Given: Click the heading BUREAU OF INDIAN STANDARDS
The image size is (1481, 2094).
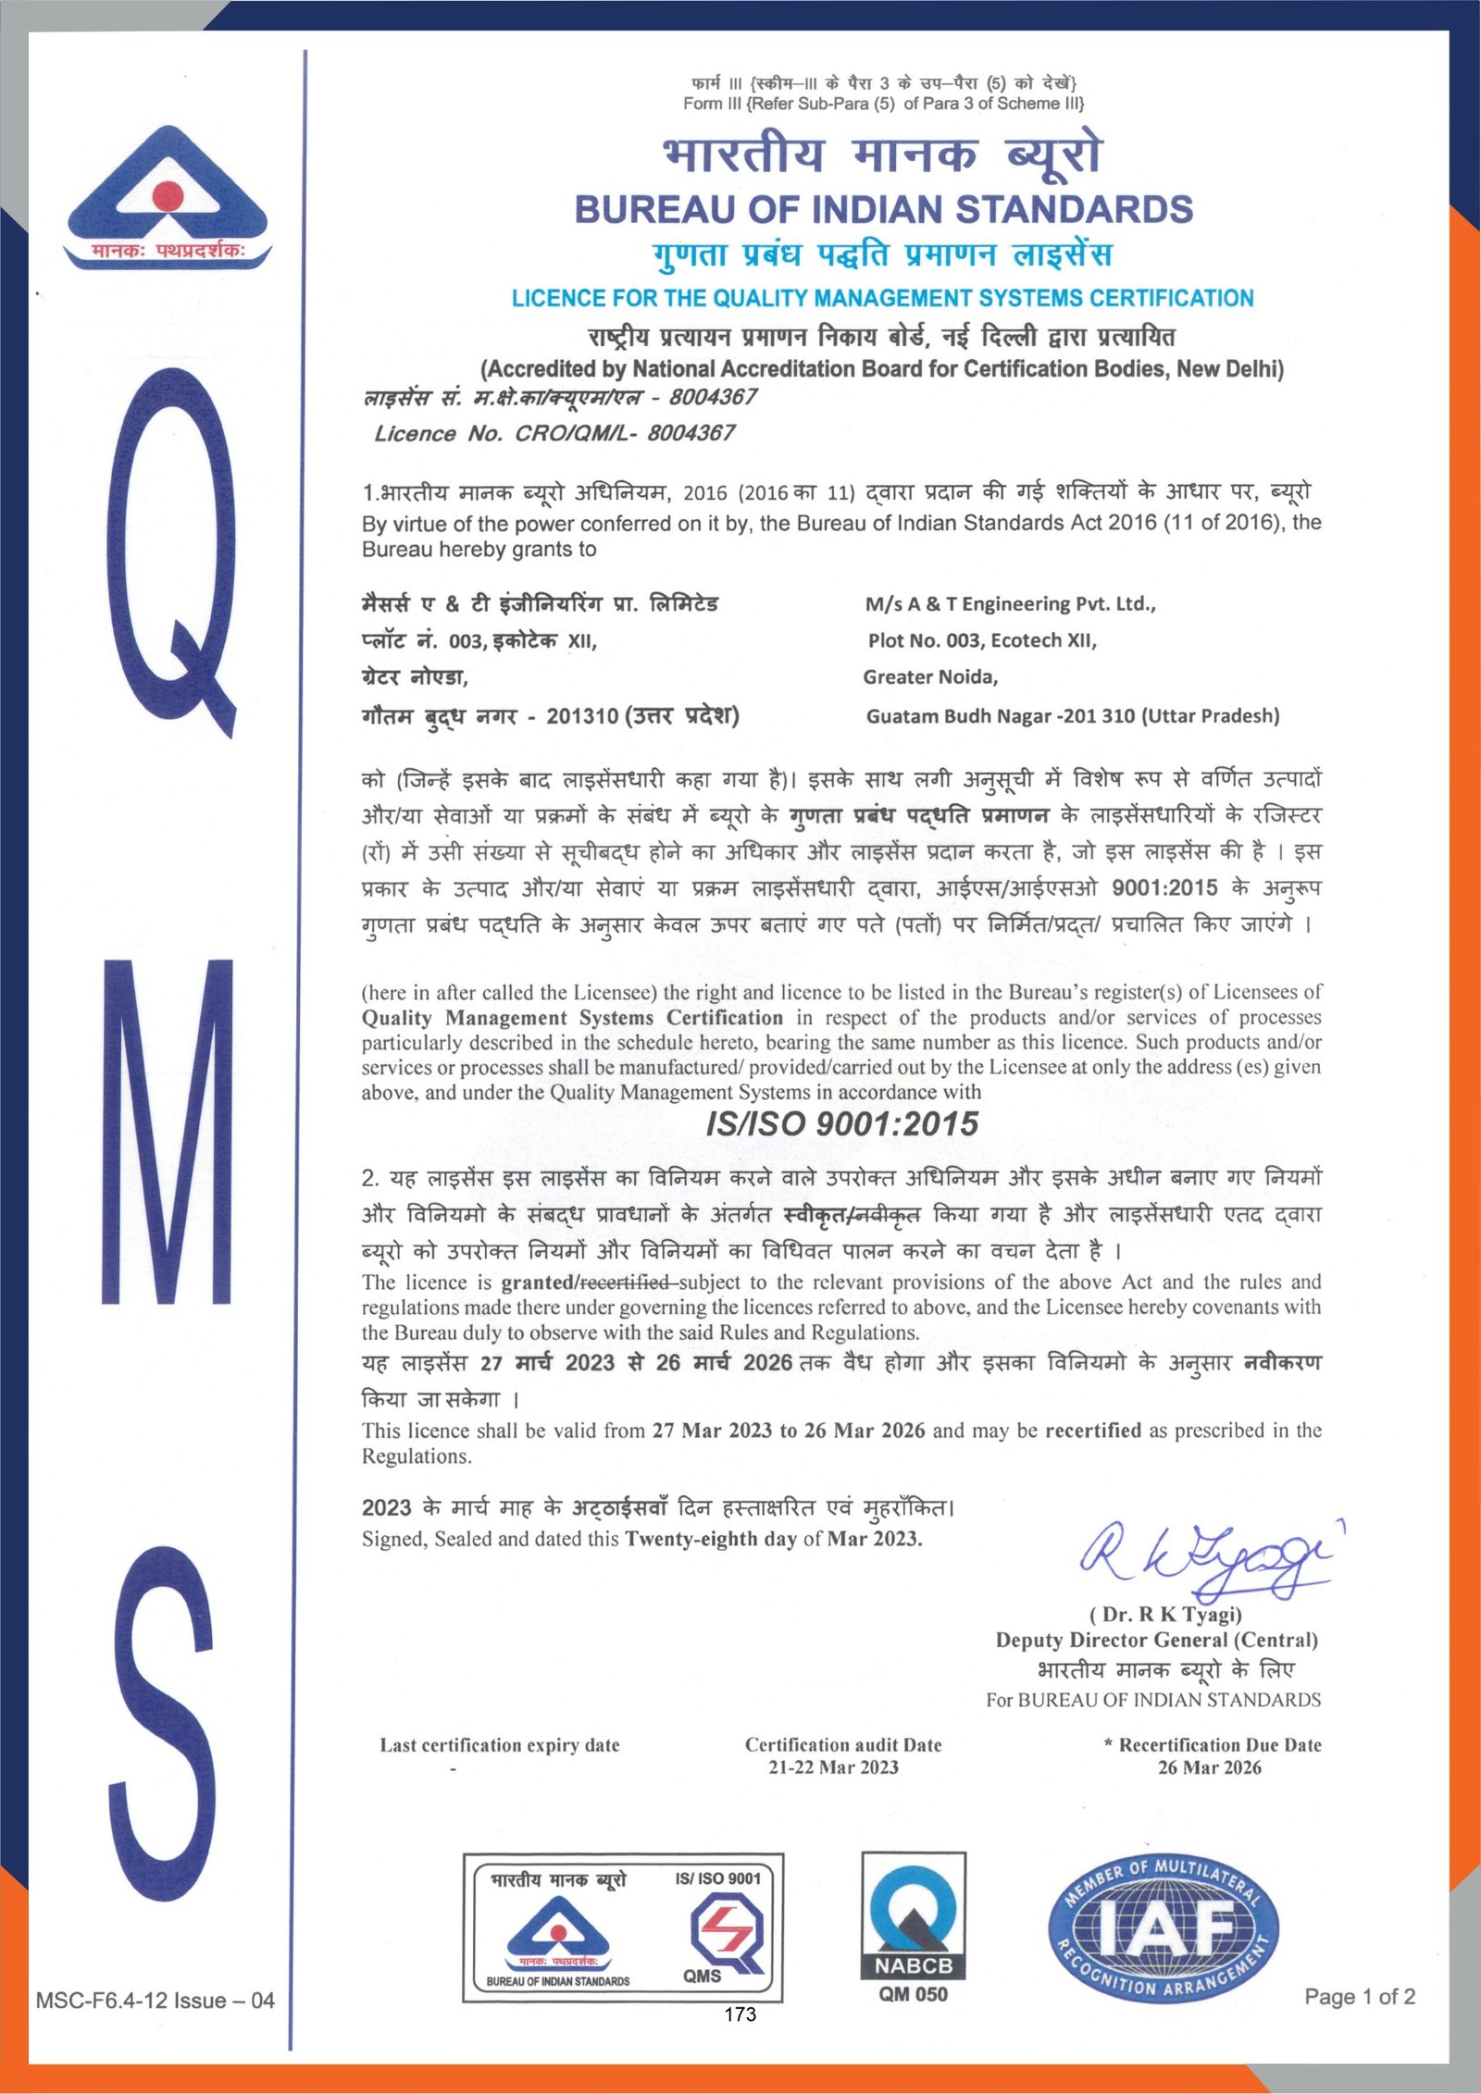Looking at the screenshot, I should tap(883, 210).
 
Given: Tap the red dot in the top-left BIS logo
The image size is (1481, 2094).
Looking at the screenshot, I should tap(168, 196).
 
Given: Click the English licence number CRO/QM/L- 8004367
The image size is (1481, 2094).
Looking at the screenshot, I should tap(554, 433).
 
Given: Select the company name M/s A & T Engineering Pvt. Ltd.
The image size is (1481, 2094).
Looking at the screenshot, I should tap(1010, 604).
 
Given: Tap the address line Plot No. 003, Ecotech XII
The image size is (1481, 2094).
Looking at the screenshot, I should tap(982, 640).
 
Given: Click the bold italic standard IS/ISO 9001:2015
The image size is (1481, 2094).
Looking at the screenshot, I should tap(841, 1123).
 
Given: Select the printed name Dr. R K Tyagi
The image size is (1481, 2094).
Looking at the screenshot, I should tap(1165, 1615).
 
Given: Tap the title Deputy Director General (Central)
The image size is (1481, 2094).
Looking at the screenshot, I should tap(1156, 1640).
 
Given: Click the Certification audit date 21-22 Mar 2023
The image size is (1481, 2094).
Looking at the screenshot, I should tap(833, 1767).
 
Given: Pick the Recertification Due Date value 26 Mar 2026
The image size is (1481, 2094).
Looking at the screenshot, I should tap(1209, 1767).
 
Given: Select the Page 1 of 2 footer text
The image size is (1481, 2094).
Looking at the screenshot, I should tap(1359, 1997).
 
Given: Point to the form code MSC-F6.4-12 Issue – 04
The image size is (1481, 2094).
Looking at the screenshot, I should tap(156, 2001).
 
